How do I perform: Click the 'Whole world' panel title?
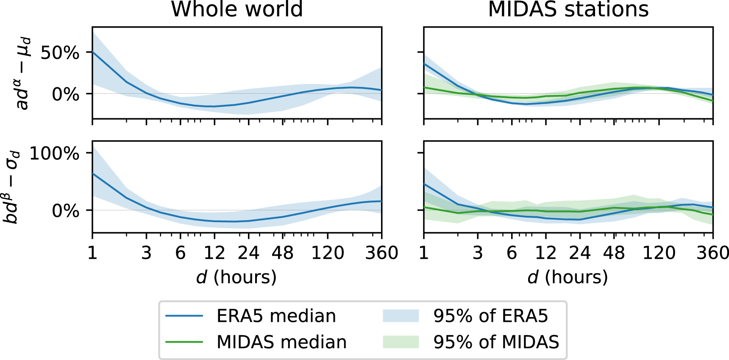(x=237, y=9)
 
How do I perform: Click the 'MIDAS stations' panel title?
(x=568, y=9)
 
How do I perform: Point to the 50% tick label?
(x=60, y=53)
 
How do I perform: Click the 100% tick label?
(x=55, y=153)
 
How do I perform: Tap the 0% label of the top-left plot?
(x=65, y=94)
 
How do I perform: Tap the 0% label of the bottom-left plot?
(x=65, y=211)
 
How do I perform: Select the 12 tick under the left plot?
(x=214, y=253)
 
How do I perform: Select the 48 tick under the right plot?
(x=614, y=253)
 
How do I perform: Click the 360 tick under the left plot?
(x=381, y=253)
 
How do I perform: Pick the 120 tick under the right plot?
(x=659, y=253)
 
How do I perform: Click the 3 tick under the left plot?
(x=146, y=253)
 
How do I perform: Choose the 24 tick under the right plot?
(x=580, y=253)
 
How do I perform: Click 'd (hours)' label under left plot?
(x=237, y=277)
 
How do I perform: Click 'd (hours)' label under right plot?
(x=568, y=277)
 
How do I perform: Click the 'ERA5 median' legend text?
(x=276, y=316)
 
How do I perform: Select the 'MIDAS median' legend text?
(x=281, y=342)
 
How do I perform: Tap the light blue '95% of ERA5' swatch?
(x=401, y=316)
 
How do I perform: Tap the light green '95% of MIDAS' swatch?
(x=401, y=342)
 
